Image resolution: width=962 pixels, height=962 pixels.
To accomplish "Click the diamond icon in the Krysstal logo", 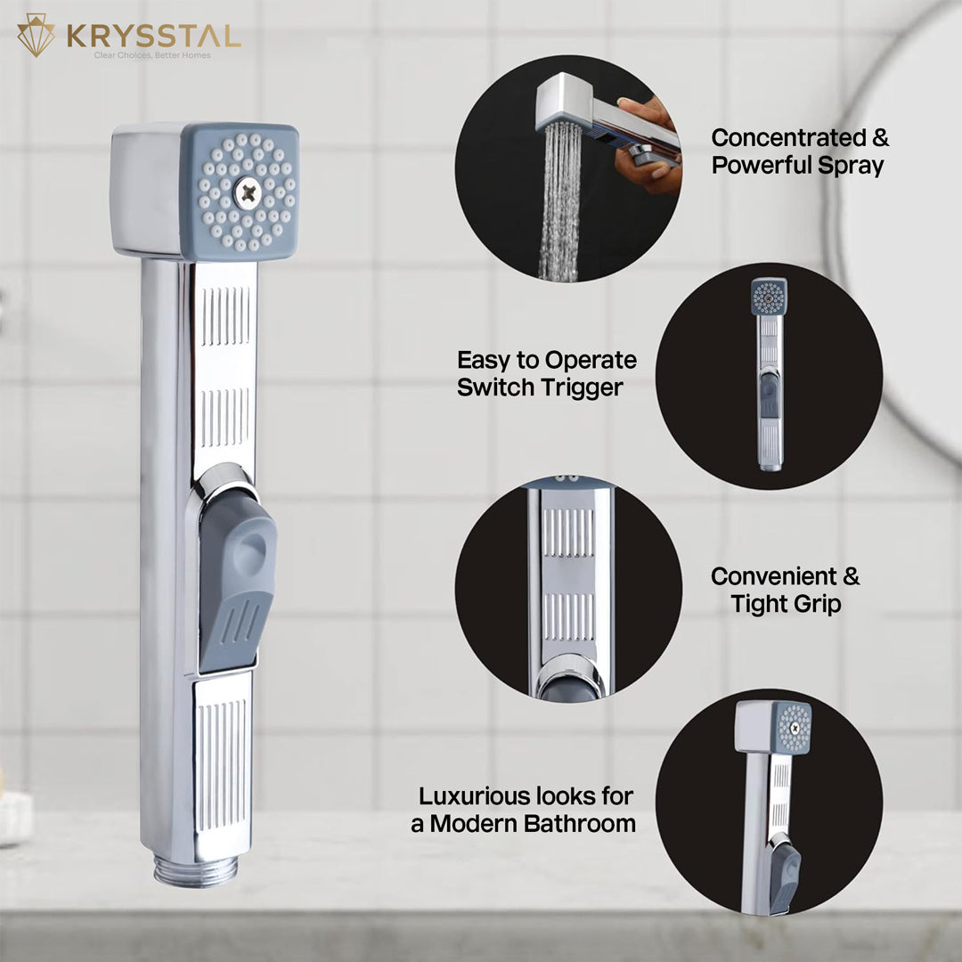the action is (x=36, y=35).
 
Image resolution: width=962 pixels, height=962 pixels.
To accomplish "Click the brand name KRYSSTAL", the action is (x=153, y=37).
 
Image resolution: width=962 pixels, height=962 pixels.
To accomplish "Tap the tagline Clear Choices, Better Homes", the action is (x=152, y=55).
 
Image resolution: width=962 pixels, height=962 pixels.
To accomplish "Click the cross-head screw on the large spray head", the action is (x=248, y=193).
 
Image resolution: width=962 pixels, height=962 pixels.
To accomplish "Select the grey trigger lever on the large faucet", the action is (x=236, y=580).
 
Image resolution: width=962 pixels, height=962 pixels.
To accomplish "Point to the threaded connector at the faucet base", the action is (x=196, y=870).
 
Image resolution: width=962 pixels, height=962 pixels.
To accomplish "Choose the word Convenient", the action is (x=774, y=576).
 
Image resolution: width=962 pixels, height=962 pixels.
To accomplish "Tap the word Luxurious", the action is (x=470, y=796).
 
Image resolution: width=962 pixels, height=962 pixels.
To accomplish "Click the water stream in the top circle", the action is (x=558, y=201).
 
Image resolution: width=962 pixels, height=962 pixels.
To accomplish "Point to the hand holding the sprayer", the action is (x=649, y=147).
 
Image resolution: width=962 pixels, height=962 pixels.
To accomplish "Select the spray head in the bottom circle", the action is (x=773, y=727).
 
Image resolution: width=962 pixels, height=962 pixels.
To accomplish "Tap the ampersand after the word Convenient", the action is (x=851, y=576).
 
